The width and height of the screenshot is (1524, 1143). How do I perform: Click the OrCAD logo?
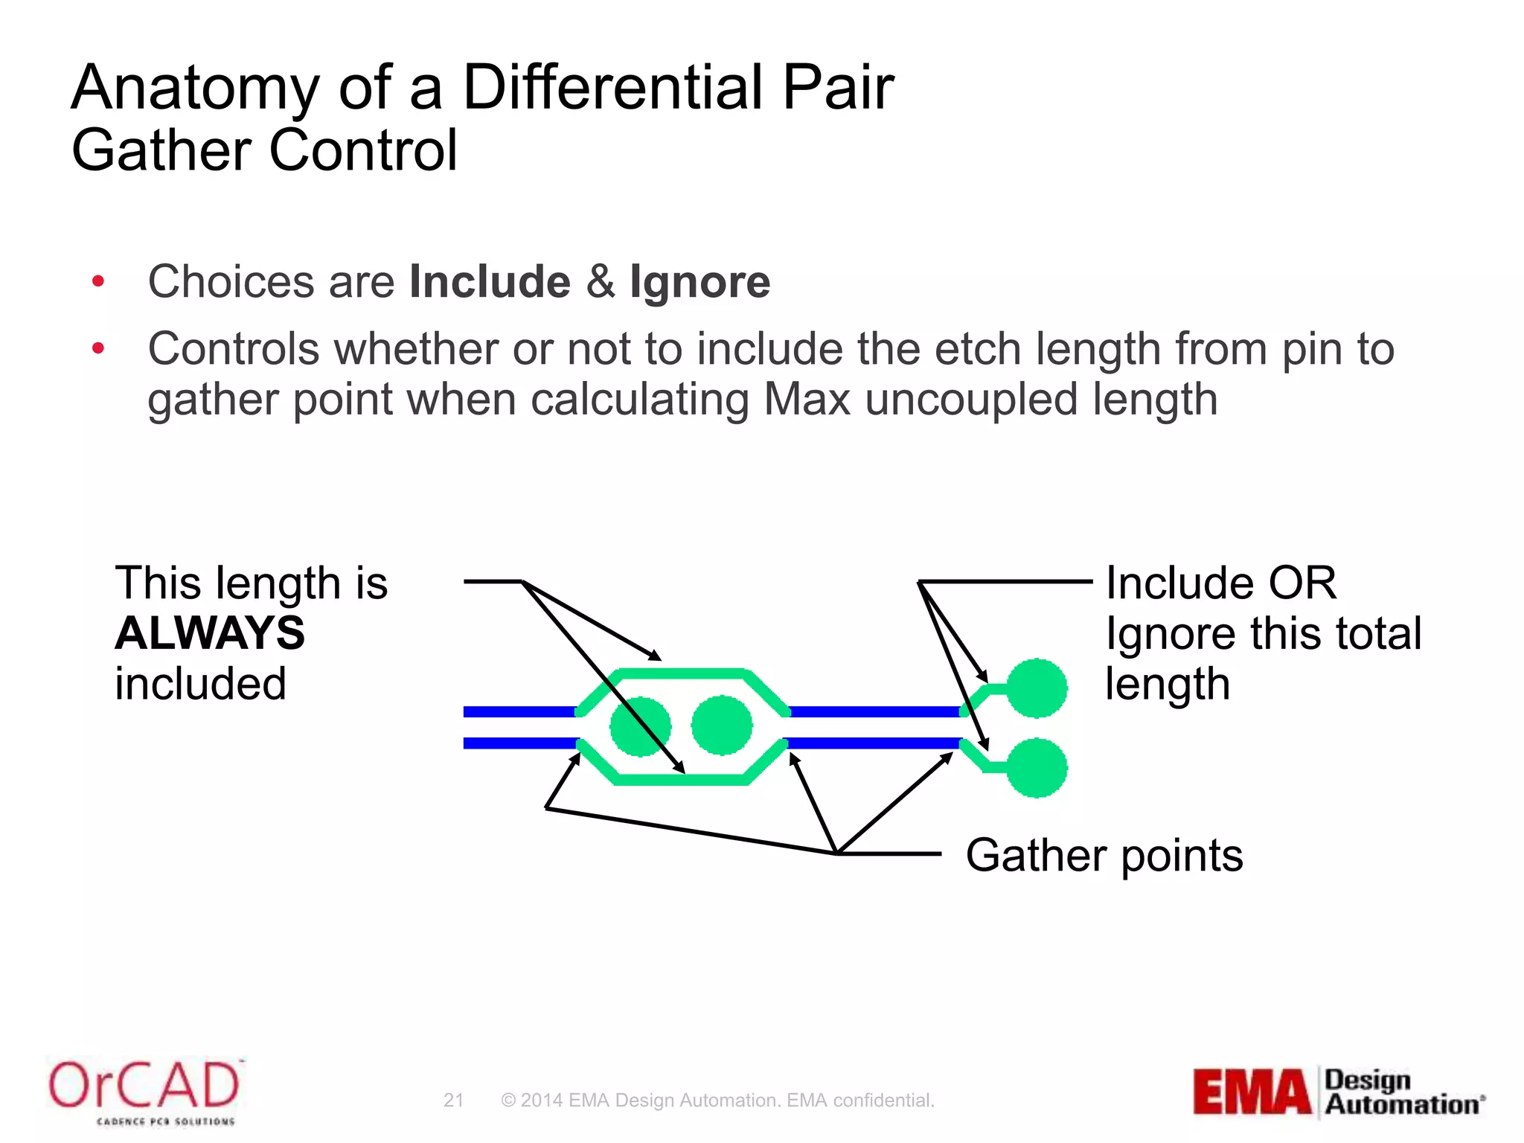pyautogui.click(x=144, y=1087)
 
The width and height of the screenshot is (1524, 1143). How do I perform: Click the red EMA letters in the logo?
pyautogui.click(x=1252, y=1092)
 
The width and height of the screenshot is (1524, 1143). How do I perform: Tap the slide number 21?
pyautogui.click(x=453, y=1100)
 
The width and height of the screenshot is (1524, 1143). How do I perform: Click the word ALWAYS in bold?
pyautogui.click(x=210, y=633)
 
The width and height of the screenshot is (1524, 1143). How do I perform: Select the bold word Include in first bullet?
pyautogui.click(x=490, y=282)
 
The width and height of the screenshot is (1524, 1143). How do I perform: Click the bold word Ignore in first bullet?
pyautogui.click(x=699, y=282)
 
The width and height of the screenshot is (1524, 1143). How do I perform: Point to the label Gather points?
pyautogui.click(x=1104, y=855)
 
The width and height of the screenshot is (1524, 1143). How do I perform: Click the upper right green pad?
pyautogui.click(x=1037, y=688)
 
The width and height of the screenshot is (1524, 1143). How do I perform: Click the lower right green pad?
pyautogui.click(x=1037, y=768)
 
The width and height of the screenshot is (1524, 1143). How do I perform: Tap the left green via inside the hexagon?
pyautogui.click(x=640, y=726)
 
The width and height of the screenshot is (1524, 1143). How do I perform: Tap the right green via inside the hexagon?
pyautogui.click(x=721, y=725)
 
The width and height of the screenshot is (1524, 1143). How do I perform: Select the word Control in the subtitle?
pyautogui.click(x=363, y=150)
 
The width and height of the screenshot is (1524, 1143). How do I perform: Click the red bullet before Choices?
pyautogui.click(x=98, y=282)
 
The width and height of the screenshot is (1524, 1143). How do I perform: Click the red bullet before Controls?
pyautogui.click(x=98, y=348)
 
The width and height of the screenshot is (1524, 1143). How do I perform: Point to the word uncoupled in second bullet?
pyautogui.click(x=970, y=400)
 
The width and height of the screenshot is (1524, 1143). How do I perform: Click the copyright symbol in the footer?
pyautogui.click(x=508, y=1100)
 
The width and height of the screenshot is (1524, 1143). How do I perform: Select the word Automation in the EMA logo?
pyautogui.click(x=1401, y=1104)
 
